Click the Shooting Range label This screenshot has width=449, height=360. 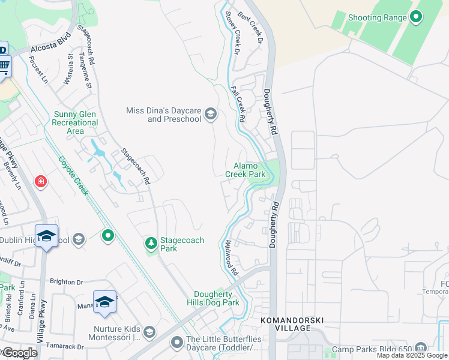coord(378,17)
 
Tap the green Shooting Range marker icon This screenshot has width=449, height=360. coord(415,17)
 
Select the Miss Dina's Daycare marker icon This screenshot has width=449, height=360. coord(210,114)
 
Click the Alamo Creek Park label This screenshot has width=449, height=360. coord(245,170)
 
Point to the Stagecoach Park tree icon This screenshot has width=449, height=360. coord(151,244)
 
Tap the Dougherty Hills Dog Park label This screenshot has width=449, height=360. coord(216,298)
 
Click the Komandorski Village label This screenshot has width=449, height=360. coord(286,325)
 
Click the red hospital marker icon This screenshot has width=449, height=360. coord(41,181)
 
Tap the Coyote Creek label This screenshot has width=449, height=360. coord(74,176)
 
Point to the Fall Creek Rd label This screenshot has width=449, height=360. coord(238,105)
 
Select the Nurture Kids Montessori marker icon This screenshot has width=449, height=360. coord(149,332)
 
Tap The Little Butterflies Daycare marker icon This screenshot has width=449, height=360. coord(176,343)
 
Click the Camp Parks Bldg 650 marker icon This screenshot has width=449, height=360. coord(420,348)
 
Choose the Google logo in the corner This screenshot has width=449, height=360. coord(20,353)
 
